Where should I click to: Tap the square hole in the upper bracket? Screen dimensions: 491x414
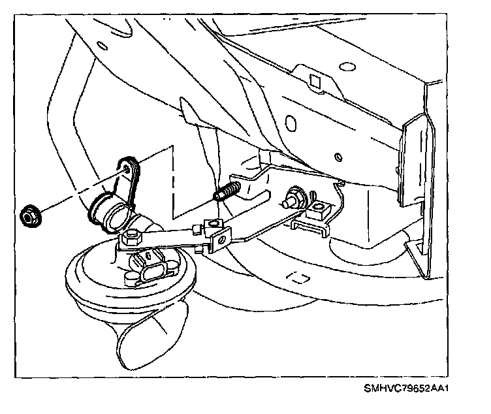(313, 81)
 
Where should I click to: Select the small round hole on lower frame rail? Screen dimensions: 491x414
(338, 157)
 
